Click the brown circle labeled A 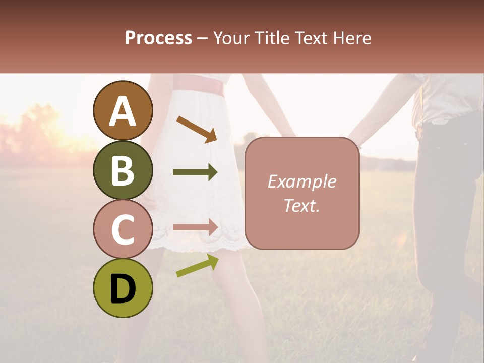pyautogui.click(x=123, y=110)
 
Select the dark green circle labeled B pyautogui.click(x=123, y=170)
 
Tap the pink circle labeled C pyautogui.click(x=123, y=229)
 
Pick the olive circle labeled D pyautogui.click(x=123, y=288)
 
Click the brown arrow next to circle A pyautogui.click(x=197, y=129)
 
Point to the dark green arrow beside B pyautogui.click(x=195, y=172)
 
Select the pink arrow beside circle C pyautogui.click(x=195, y=227)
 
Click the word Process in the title pyautogui.click(x=158, y=38)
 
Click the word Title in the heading pyautogui.click(x=270, y=38)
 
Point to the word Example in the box pyautogui.click(x=301, y=181)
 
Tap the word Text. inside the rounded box pyautogui.click(x=301, y=205)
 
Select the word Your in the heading pyautogui.click(x=231, y=38)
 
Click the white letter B pyautogui.click(x=123, y=170)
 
